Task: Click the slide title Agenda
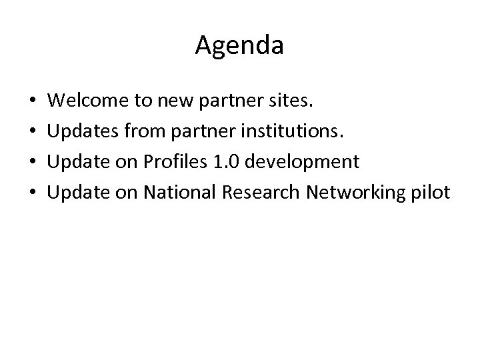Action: [x=239, y=46]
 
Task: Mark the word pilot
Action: [x=432, y=193]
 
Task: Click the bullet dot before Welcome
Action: [x=33, y=102]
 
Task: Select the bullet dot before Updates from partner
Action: [x=33, y=133]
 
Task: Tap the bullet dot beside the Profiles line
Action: [x=33, y=163]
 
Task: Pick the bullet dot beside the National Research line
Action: [x=33, y=194]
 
